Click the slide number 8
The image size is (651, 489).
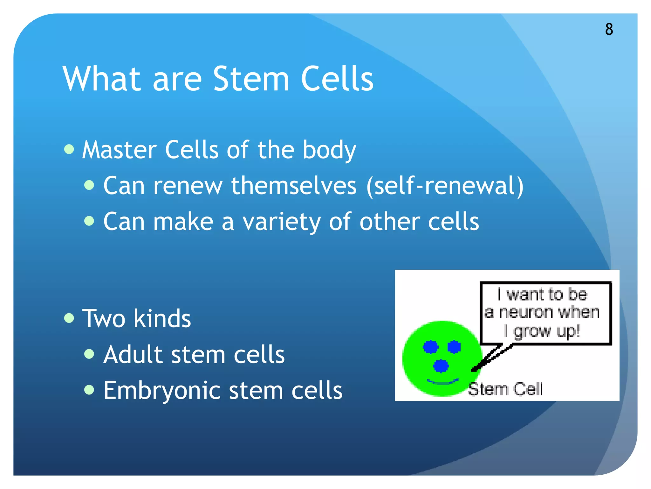point(609,29)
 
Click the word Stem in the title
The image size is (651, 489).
point(251,79)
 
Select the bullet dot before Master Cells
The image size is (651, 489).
point(69,149)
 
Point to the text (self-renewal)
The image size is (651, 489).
point(445,186)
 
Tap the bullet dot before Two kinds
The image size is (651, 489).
point(69,318)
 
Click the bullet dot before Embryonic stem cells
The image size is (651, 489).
point(89,389)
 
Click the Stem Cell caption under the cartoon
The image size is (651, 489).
point(505,389)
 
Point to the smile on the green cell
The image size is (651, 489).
point(442,381)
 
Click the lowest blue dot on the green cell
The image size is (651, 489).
point(441,365)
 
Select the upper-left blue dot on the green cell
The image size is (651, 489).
point(431,347)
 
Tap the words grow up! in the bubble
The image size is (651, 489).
point(547,331)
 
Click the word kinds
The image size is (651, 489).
point(162,318)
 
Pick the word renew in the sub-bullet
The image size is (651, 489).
point(188,186)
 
